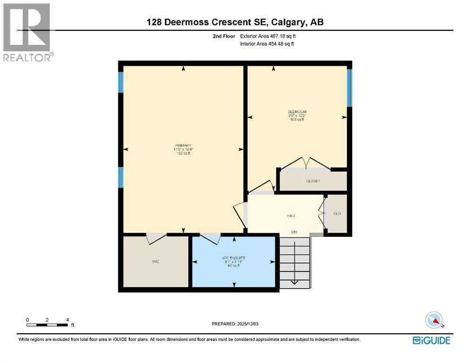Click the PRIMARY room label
point(183,145)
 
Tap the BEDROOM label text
point(297,112)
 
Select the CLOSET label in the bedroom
point(313,181)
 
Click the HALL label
point(291,216)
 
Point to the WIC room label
point(155,262)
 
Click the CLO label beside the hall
point(337,214)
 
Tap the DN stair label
point(293,232)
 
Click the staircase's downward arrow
point(293,282)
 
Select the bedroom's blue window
point(349,88)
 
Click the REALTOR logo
point(27,32)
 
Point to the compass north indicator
point(434,320)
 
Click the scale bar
point(47,324)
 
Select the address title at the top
point(235,22)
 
